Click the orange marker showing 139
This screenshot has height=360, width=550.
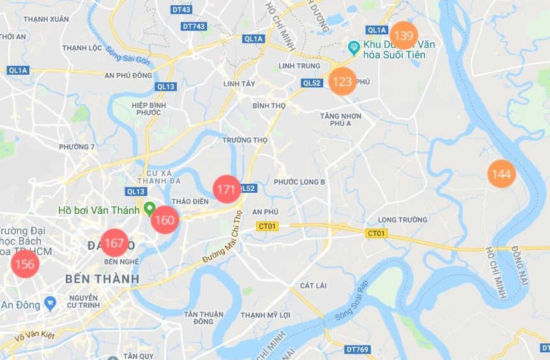pyautogui.click(x=404, y=35)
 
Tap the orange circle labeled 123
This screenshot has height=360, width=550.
pyautogui.click(x=342, y=82)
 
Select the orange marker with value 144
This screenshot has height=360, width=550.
pyautogui.click(x=501, y=174)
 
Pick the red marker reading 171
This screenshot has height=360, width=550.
pyautogui.click(x=226, y=189)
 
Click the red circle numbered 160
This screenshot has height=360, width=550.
pyautogui.click(x=165, y=220)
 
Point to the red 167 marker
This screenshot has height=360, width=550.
pyautogui.click(x=114, y=243)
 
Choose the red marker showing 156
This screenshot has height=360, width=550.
pyautogui.click(x=24, y=264)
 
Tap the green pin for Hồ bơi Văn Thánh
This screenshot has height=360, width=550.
pyautogui.click(x=149, y=208)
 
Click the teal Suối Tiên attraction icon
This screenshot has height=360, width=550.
pyautogui.click(x=353, y=46)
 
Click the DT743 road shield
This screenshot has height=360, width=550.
pyautogui.click(x=194, y=26)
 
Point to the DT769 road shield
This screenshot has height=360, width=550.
pyautogui.click(x=358, y=349)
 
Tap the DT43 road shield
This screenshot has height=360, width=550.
pyautogui.click(x=181, y=10)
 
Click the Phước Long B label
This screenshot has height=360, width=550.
pyautogui.click(x=300, y=182)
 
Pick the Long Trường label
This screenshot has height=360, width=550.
pyautogui.click(x=402, y=220)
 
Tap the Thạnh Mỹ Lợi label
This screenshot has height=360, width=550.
pyautogui.click(x=266, y=315)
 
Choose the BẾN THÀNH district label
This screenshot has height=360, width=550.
pyautogui.click(x=102, y=279)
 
